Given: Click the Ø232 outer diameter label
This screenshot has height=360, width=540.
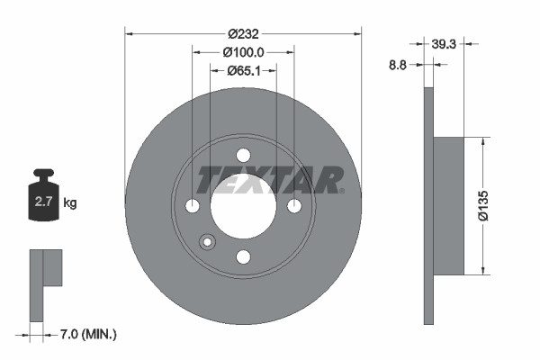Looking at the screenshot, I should [x=242, y=33].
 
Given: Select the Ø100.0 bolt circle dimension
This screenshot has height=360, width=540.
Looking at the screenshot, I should [x=243, y=51].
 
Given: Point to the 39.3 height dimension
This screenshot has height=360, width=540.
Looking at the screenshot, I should [x=444, y=42].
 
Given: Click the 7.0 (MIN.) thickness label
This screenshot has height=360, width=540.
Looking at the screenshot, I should [x=86, y=334].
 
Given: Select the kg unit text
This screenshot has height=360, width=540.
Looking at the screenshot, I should [x=70, y=203].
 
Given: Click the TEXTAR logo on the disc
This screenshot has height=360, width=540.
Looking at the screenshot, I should [x=270, y=180].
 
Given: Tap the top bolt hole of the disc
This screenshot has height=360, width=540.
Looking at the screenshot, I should [x=243, y=155].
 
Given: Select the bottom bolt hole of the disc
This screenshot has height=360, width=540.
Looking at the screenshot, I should [x=243, y=257].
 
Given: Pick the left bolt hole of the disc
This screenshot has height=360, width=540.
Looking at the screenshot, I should [x=192, y=206].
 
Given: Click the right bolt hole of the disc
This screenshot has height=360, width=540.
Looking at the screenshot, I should [x=294, y=206].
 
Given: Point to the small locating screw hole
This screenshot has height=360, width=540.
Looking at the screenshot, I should [x=207, y=241].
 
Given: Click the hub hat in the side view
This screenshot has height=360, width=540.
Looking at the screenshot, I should [x=449, y=206].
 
